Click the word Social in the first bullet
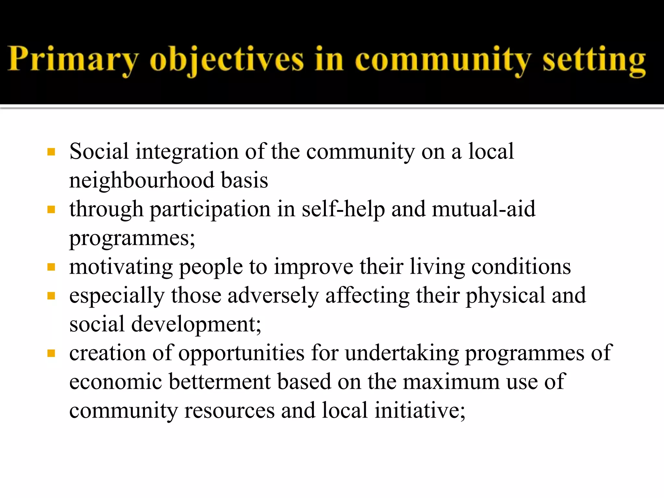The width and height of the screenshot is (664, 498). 99,151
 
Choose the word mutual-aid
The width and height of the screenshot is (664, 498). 484,209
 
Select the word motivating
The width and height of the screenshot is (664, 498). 121,267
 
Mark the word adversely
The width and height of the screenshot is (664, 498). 273,296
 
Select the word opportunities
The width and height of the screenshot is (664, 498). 241,353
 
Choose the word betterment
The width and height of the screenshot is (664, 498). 219,382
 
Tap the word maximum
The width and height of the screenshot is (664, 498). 451,382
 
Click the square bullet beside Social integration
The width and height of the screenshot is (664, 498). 51,152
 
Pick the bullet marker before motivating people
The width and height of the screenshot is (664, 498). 51,267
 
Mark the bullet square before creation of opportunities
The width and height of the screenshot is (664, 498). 51,353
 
